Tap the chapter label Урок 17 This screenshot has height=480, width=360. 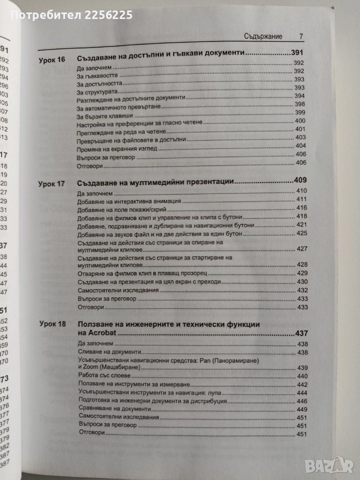[x=51, y=183]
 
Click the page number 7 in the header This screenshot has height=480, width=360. [x=300, y=36]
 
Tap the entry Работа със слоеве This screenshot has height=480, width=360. [x=106, y=376]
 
